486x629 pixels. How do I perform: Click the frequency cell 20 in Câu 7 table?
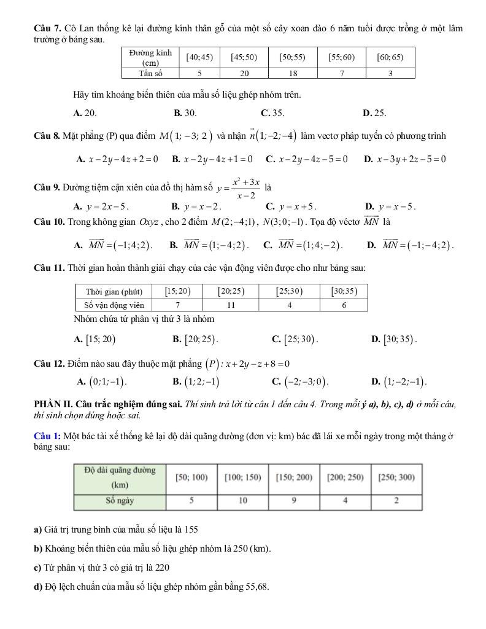(x=244, y=73)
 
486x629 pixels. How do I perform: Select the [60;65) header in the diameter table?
(x=390, y=57)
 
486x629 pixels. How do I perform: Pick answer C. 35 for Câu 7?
(x=272, y=113)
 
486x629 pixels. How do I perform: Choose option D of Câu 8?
(x=405, y=159)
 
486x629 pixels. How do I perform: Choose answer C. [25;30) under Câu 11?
(x=295, y=338)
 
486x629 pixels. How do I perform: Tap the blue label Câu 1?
(x=47, y=436)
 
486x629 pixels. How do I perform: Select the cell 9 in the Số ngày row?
(x=294, y=501)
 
